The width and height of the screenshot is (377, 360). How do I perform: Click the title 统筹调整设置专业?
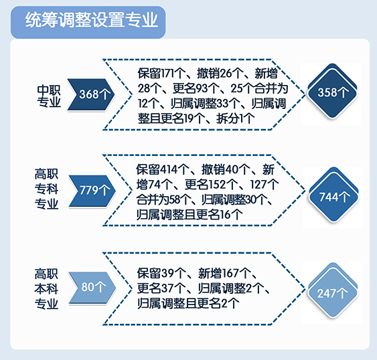coord(91,19)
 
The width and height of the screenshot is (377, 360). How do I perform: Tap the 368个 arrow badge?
coord(90,94)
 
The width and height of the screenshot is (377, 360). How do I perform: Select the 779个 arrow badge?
coord(92,191)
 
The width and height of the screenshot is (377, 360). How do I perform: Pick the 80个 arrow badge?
coord(92,288)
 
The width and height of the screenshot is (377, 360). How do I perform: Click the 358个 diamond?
coord(333,92)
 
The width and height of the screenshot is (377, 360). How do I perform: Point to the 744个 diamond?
coord(333,195)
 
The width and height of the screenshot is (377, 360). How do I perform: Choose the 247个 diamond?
coord(333,291)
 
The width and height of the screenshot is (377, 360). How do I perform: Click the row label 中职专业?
coord(49,96)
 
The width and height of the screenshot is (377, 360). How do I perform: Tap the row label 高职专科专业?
coord(46,189)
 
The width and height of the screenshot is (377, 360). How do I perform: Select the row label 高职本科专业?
coord(46,289)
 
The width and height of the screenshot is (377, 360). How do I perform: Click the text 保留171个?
coord(161,74)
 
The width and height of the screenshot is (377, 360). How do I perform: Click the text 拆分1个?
coord(236,118)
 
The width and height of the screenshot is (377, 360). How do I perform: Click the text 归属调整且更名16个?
coord(190,215)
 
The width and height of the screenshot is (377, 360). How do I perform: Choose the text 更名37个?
coord(161,288)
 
